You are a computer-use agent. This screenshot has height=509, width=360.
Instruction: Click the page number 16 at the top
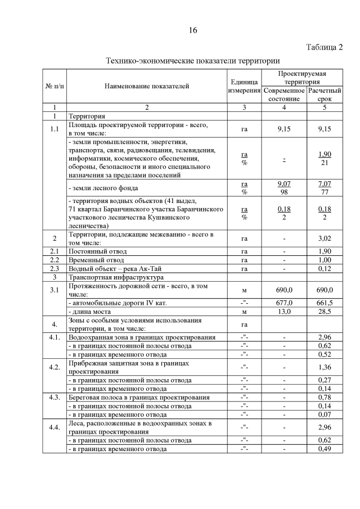193,30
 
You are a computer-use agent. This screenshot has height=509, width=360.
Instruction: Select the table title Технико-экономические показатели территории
193,60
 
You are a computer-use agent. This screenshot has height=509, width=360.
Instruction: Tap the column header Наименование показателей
146,86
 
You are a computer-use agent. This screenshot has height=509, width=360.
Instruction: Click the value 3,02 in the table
325,238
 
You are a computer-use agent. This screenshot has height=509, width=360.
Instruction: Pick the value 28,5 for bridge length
325,311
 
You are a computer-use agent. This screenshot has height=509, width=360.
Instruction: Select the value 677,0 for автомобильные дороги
284,302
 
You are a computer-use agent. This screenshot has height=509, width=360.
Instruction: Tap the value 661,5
325,302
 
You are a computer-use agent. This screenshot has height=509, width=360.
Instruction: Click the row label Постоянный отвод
97,251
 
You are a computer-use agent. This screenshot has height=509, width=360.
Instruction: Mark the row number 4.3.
54,397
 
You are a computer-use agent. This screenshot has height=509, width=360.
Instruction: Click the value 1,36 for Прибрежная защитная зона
325,367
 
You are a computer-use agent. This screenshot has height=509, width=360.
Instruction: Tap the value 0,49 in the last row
325,449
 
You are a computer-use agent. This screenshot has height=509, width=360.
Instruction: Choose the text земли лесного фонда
102,187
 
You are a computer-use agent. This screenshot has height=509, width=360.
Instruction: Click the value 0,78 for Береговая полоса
325,397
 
